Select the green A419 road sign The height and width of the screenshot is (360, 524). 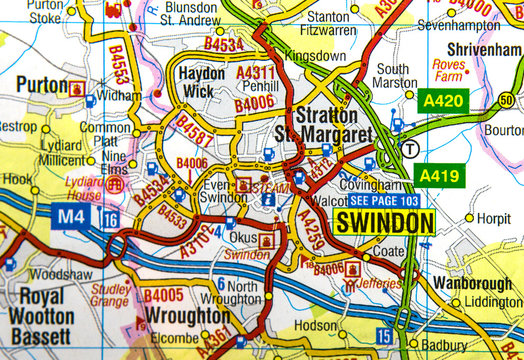438,176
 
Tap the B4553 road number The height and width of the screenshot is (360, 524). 118,62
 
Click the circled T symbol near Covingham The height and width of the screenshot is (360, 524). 410,148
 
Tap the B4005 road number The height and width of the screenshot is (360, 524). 163,296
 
